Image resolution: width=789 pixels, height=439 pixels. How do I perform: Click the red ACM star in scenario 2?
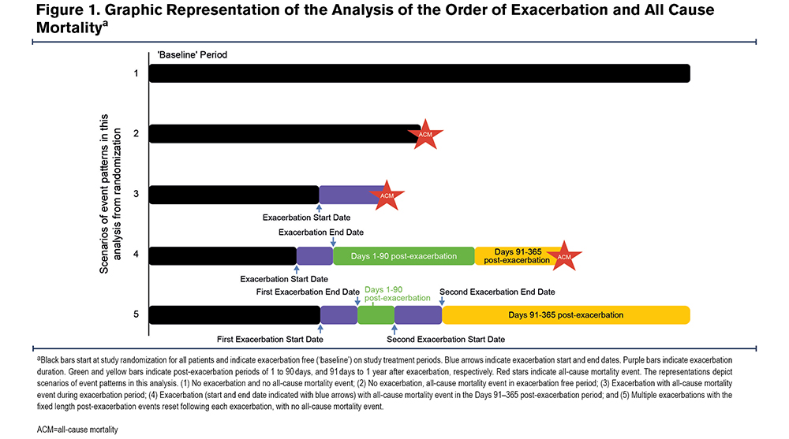pyautogui.click(x=425, y=134)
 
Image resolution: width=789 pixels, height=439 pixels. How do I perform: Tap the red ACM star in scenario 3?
pyautogui.click(x=387, y=195)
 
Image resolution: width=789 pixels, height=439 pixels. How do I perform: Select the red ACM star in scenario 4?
pyautogui.click(x=563, y=256)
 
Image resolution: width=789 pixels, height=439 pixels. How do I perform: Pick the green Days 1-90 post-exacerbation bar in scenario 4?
pyautogui.click(x=403, y=256)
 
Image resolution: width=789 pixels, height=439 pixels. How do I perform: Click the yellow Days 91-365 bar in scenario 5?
pyautogui.click(x=566, y=314)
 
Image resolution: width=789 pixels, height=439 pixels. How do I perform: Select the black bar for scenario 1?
pyautogui.click(x=420, y=73)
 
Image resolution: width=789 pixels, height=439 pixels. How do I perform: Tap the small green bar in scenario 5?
pyautogui.click(x=376, y=314)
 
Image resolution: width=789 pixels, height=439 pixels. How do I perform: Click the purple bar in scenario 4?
pyautogui.click(x=315, y=256)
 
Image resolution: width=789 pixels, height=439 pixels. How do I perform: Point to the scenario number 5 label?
pyautogui.click(x=136, y=314)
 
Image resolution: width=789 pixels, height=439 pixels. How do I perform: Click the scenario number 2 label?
pyautogui.click(x=136, y=133)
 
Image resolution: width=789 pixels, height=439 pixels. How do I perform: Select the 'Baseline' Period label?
pyautogui.click(x=193, y=55)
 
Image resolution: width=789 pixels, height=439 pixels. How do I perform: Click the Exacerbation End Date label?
pyautogui.click(x=321, y=233)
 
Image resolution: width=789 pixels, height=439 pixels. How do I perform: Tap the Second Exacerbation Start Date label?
pyautogui.click(x=446, y=340)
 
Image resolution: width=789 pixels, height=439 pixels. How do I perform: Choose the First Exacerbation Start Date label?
pyautogui.click(x=270, y=340)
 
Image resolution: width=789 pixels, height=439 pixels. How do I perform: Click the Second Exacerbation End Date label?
pyautogui.click(x=497, y=292)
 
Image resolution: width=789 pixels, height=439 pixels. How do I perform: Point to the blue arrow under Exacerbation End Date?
pyautogui.click(x=333, y=242)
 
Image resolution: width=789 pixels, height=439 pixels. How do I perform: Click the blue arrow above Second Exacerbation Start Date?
pyautogui.click(x=394, y=329)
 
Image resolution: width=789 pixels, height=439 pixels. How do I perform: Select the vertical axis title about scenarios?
pyautogui.click(x=110, y=194)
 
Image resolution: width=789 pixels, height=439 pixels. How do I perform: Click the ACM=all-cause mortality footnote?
pyautogui.click(x=77, y=430)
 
